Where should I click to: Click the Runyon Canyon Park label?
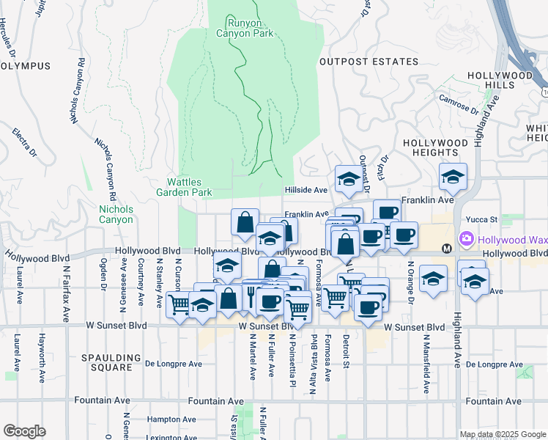click(x=245, y=28)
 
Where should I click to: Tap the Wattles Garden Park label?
click(x=184, y=187)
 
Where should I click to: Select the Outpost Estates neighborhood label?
click(x=369, y=62)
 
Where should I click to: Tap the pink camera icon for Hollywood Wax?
click(x=466, y=239)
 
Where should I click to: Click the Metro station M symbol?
click(x=445, y=249)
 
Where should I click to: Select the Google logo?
click(x=24, y=431)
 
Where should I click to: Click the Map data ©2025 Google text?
click(x=502, y=434)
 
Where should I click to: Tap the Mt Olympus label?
click(x=25, y=66)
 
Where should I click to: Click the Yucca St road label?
click(x=483, y=219)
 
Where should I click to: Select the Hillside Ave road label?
click(x=306, y=190)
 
